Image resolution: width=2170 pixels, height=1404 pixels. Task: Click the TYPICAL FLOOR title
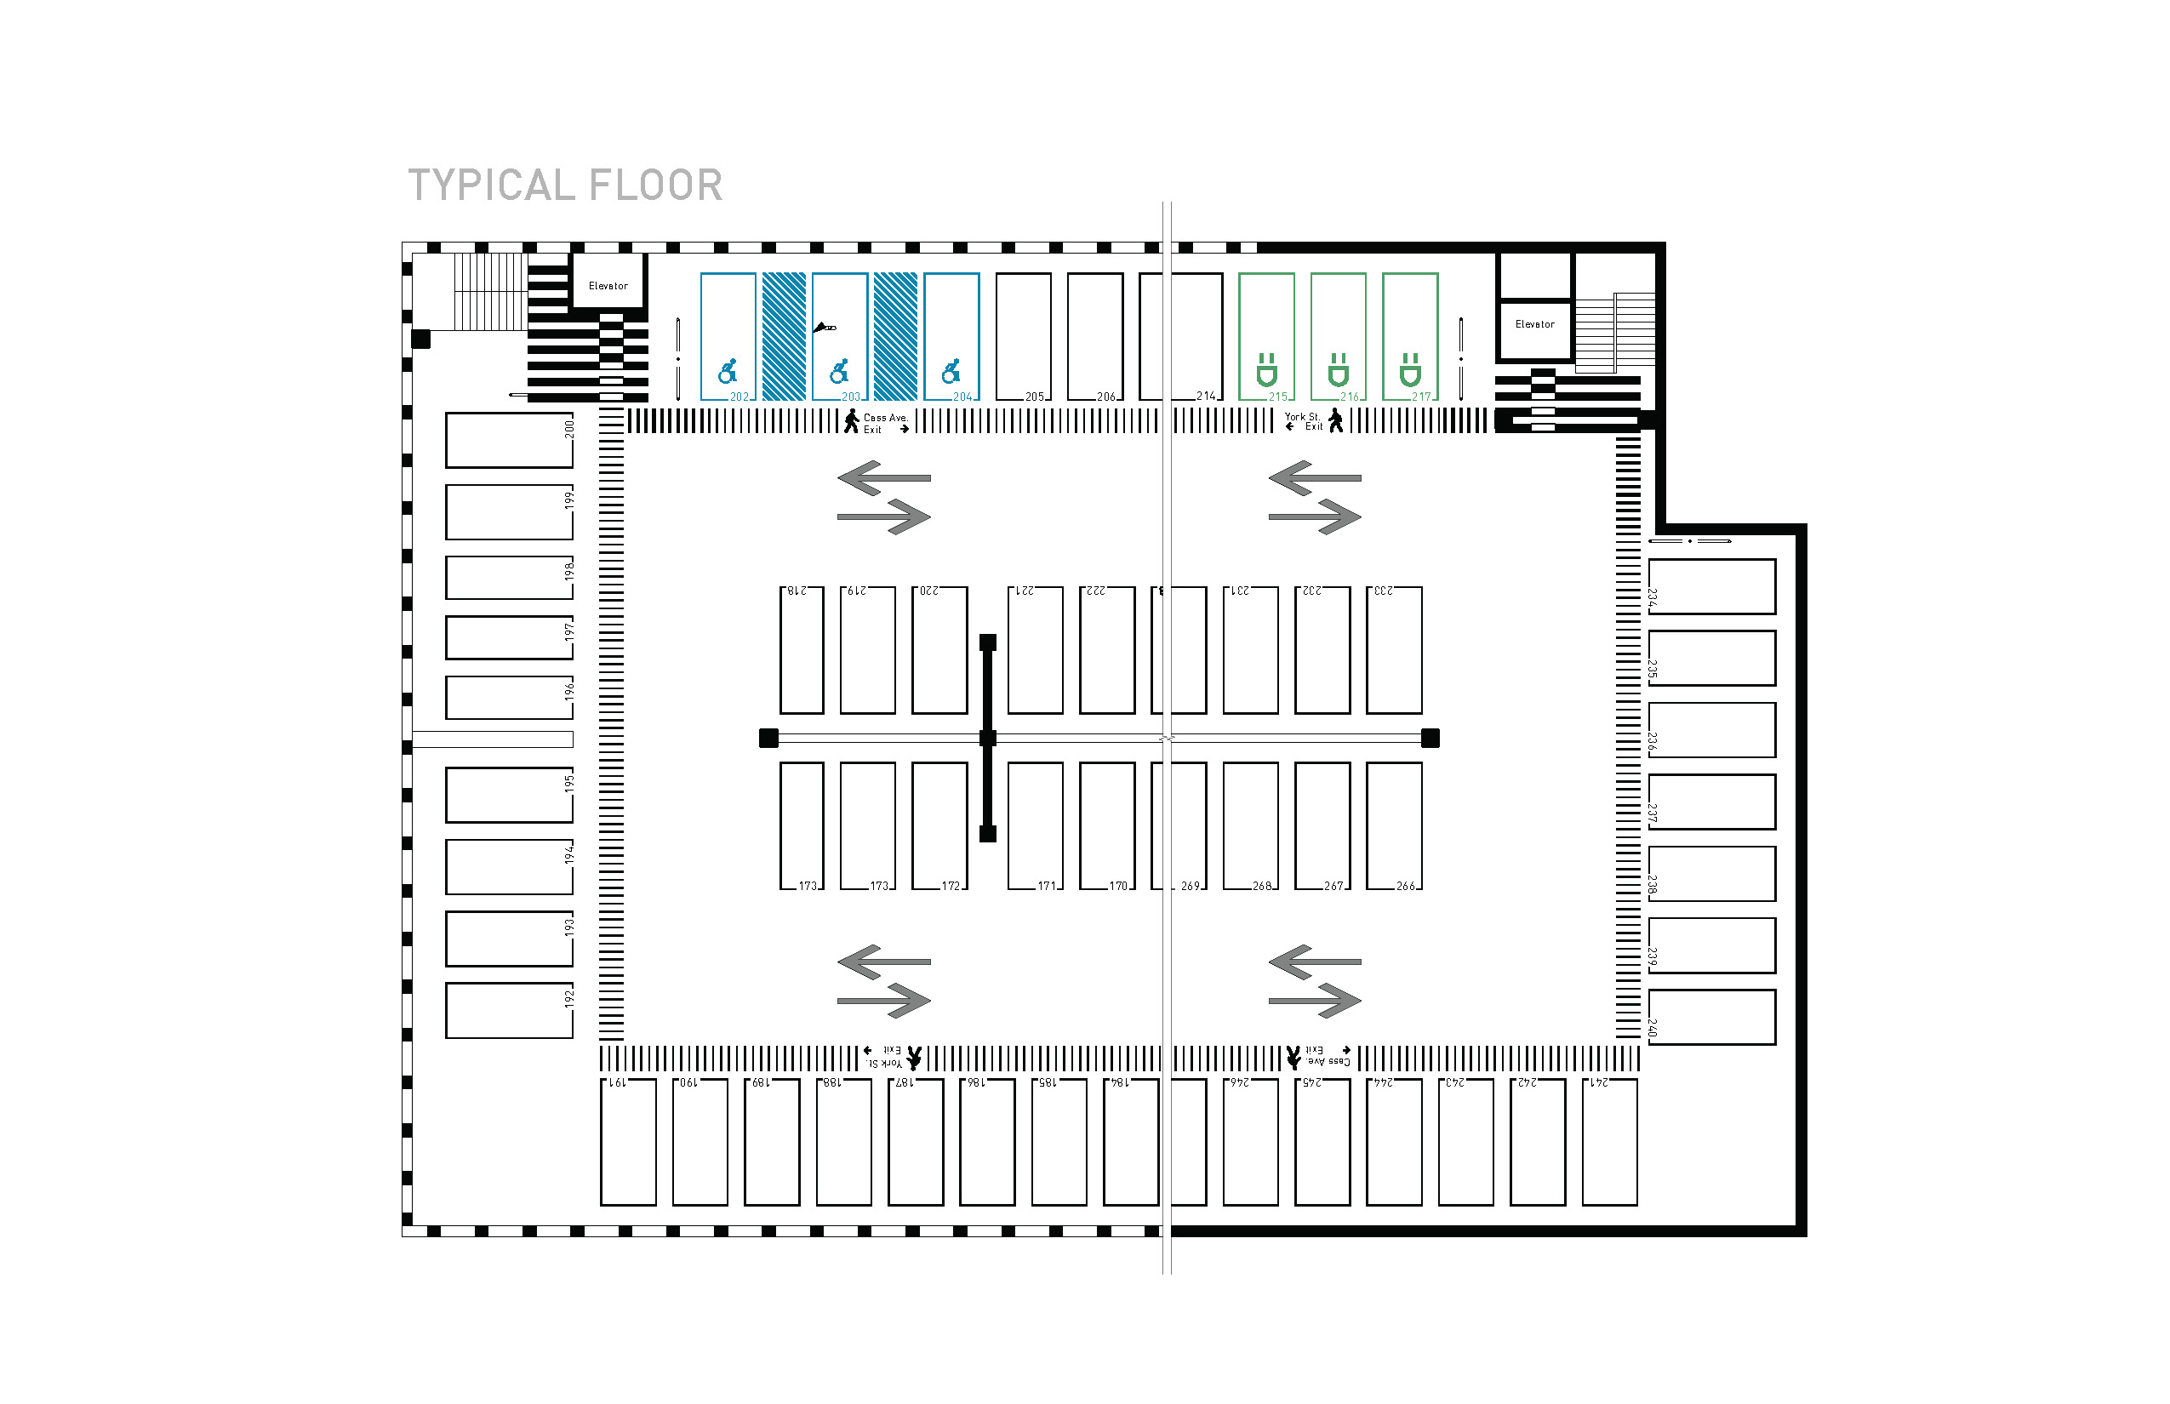tap(564, 185)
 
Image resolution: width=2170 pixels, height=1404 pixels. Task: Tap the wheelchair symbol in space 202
tap(727, 371)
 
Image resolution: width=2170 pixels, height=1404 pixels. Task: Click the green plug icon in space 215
tap(1265, 370)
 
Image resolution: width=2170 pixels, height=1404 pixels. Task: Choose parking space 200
tap(509, 441)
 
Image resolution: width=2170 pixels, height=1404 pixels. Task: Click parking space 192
tap(509, 1010)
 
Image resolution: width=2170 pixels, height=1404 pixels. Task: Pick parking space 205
tap(1023, 336)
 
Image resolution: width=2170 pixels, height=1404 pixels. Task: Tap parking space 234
tap(1711, 586)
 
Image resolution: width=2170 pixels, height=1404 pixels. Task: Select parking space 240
tap(1711, 1017)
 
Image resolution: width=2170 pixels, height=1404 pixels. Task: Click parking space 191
tap(628, 1142)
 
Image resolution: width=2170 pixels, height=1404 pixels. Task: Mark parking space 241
tap(1609, 1142)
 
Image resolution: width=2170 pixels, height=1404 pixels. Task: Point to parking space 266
tap(1393, 825)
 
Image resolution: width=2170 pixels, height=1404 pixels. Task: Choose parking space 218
tap(802, 650)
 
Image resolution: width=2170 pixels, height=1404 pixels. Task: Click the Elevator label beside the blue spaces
tap(608, 286)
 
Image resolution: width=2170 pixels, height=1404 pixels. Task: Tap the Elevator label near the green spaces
tap(1534, 324)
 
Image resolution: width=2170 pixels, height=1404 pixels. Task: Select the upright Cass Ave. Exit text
tap(884, 423)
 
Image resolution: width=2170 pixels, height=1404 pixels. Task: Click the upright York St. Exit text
tap(1303, 421)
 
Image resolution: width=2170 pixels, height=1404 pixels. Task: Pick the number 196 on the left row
tap(569, 690)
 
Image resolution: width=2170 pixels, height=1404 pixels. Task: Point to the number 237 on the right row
tap(1652, 812)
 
